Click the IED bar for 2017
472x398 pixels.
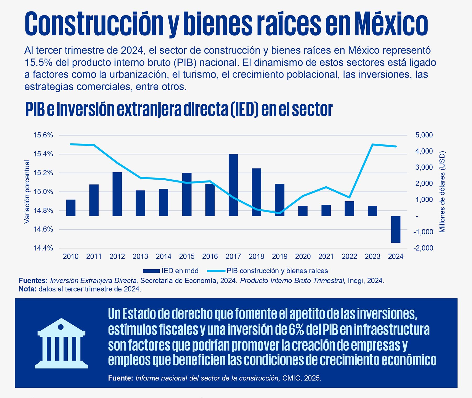click(x=233, y=185)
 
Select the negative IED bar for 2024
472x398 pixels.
click(x=395, y=229)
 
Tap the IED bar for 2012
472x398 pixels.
click(x=117, y=194)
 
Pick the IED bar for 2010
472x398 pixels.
click(x=71, y=208)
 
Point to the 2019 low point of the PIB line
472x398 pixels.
click(x=280, y=213)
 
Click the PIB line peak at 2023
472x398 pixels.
click(x=372, y=144)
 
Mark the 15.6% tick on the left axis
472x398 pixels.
click(x=43, y=135)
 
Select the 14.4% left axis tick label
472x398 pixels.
click(x=43, y=248)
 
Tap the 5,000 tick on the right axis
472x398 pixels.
click(x=424, y=135)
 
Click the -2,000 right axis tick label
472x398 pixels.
click(x=423, y=248)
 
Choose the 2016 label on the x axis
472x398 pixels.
click(x=210, y=256)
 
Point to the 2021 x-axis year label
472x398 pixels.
click(x=326, y=256)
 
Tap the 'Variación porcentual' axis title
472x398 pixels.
click(x=27, y=192)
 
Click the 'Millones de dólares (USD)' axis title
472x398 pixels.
click(x=442, y=192)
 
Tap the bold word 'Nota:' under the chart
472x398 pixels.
click(x=28, y=289)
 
